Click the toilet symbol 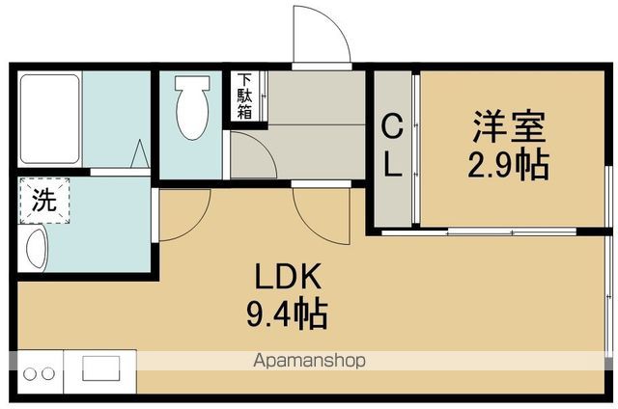point(192,107)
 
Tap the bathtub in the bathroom point(49,119)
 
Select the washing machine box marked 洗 point(44,201)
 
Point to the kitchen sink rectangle point(100,368)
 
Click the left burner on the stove point(30,373)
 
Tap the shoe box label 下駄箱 point(244,96)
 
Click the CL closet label point(393,145)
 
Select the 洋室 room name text point(509,126)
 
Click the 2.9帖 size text point(509,164)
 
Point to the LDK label point(288,277)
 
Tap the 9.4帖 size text point(288,314)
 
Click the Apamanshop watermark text point(309,361)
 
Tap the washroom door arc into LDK point(197,226)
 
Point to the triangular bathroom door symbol point(140,153)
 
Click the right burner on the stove point(48,373)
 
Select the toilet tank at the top point(192,82)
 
